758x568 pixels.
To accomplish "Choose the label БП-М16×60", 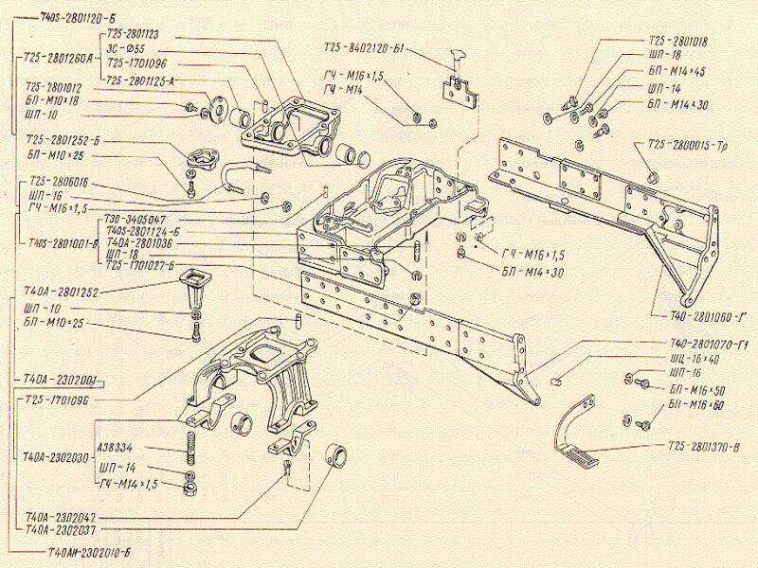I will tap(698, 404).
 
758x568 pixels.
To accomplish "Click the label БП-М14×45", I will tap(679, 70).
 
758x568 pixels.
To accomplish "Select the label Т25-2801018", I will tap(678, 41).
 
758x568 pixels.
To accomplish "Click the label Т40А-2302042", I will tap(62, 518).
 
